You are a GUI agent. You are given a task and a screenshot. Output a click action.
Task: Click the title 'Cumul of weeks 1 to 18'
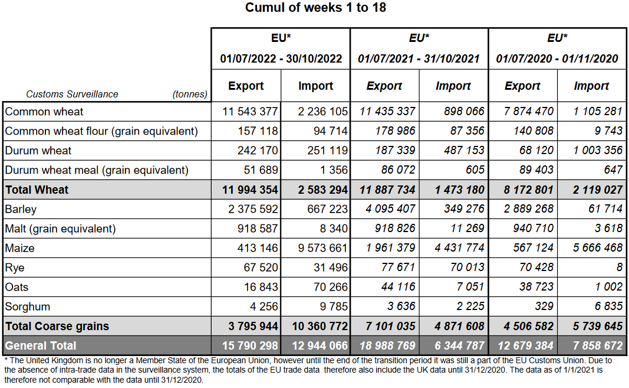click(x=315, y=8)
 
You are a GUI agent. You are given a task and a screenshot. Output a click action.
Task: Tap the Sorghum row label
click(x=28, y=307)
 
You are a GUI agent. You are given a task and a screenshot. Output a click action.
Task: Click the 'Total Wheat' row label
click(x=37, y=190)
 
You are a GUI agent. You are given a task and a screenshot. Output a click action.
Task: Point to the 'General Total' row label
click(x=41, y=345)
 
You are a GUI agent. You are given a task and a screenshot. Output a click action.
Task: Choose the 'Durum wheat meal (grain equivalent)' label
click(x=97, y=170)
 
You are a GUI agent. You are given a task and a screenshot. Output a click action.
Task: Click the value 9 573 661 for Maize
click(x=317, y=248)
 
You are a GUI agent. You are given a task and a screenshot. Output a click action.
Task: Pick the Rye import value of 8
click(x=619, y=268)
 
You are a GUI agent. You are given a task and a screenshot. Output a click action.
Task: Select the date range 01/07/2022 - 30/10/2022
click(x=281, y=58)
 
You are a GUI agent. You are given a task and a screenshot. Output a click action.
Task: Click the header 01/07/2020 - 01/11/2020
click(x=557, y=58)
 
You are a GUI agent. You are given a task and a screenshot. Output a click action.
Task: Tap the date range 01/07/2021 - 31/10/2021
click(x=419, y=58)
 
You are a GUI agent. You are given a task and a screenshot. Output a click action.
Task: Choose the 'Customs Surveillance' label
click(x=73, y=94)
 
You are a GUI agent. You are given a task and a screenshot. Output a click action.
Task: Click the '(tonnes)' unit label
click(x=190, y=94)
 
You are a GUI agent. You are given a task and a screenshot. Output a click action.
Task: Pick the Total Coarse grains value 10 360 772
click(x=317, y=326)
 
